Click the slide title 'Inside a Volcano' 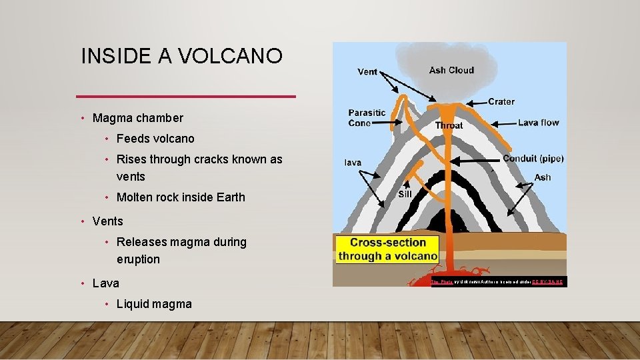(x=181, y=57)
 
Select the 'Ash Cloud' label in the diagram (x=451, y=70)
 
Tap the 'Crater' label (x=501, y=101)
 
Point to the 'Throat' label (x=449, y=125)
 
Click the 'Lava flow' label (x=538, y=123)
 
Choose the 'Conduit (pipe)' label (x=533, y=159)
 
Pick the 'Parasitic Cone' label (x=367, y=117)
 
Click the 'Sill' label (x=405, y=194)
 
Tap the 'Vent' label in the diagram (x=367, y=72)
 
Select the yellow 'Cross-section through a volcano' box (x=388, y=249)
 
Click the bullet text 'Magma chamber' (x=137, y=118)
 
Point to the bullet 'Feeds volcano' (x=155, y=139)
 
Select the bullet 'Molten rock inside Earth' (x=181, y=197)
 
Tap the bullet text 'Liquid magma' (x=154, y=304)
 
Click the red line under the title (x=186, y=97)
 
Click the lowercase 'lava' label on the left (x=353, y=162)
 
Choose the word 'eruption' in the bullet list (x=138, y=259)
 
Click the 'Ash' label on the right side (x=542, y=177)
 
